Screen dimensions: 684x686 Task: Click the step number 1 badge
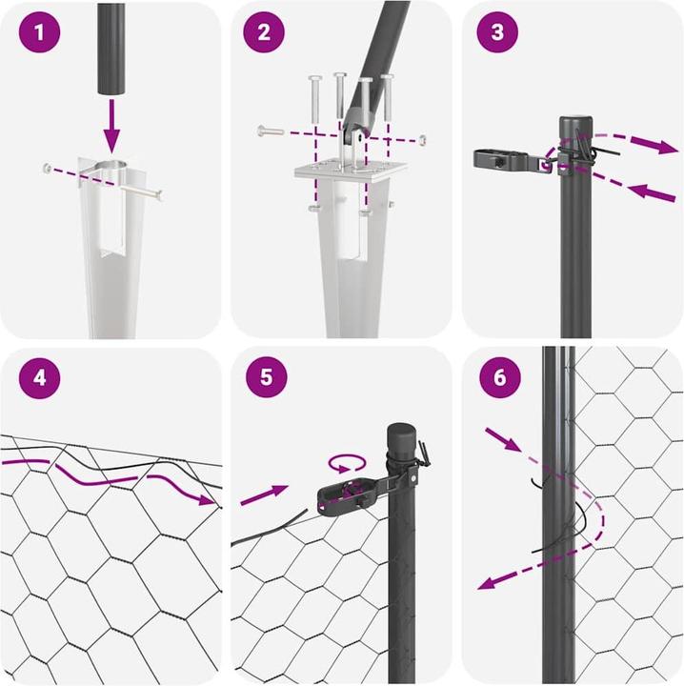[39, 32]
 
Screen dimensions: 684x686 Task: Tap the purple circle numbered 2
[264, 32]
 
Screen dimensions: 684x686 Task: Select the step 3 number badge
[497, 32]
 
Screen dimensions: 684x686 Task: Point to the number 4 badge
[39, 377]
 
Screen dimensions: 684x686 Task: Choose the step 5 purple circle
[267, 376]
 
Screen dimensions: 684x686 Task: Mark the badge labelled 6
[500, 377]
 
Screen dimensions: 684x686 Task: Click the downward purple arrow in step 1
[112, 126]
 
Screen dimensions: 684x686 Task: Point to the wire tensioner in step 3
[513, 161]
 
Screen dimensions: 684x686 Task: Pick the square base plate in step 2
[352, 171]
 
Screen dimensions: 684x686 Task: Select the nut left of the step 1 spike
[47, 167]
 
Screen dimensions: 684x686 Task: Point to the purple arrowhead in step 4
[207, 498]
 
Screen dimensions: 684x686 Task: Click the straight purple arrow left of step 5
[264, 494]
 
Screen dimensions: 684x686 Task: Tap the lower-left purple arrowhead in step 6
[487, 582]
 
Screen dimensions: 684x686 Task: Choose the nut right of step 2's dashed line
[422, 140]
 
